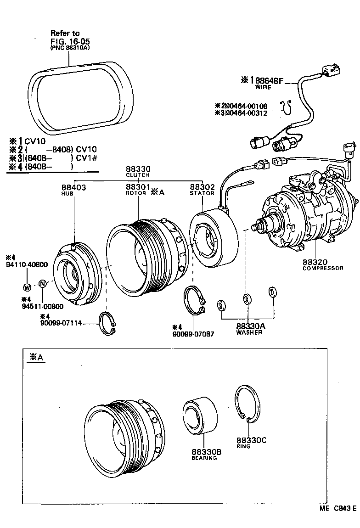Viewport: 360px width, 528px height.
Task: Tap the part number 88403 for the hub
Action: point(73,187)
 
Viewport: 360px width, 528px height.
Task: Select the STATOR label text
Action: point(202,193)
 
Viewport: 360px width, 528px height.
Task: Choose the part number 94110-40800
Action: point(27,264)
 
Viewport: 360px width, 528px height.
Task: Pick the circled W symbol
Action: point(27,287)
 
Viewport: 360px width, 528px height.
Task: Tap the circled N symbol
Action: point(42,283)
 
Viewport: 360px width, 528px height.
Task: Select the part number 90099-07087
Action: point(193,333)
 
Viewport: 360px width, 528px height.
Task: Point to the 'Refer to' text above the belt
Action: point(65,33)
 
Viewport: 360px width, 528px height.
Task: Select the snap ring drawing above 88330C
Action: point(247,404)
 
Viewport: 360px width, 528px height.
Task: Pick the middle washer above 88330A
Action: point(247,299)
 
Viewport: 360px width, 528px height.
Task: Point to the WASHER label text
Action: point(249,332)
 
